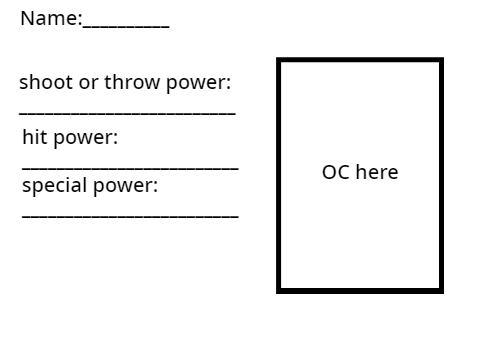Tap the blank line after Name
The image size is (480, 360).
pyautogui.click(x=126, y=27)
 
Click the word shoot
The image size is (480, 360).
pyautogui.click(x=46, y=82)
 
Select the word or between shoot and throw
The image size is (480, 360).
pyautogui.click(x=88, y=83)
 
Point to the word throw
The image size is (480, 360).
pyautogui.click(x=132, y=82)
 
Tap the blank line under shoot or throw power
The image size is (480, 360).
pyautogui.click(x=127, y=114)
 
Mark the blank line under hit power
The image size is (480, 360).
pyautogui.click(x=130, y=169)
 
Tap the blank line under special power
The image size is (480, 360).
pyautogui.click(x=130, y=217)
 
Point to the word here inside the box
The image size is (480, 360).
pyautogui.click(x=377, y=172)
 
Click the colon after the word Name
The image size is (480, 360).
pyautogui.click(x=80, y=20)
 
